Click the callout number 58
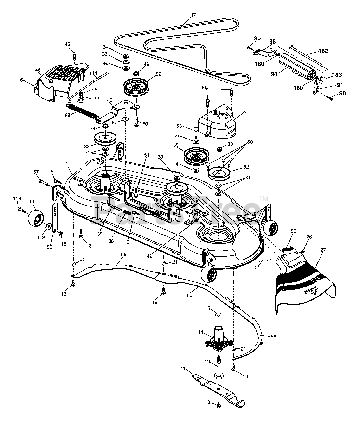273,337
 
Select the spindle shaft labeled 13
219,365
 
